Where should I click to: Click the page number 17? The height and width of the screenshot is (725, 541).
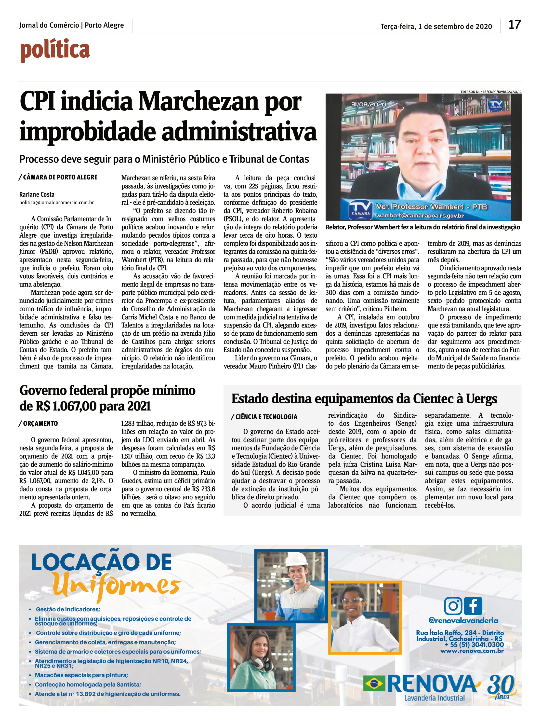(514, 25)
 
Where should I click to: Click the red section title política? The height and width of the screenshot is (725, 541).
(55, 50)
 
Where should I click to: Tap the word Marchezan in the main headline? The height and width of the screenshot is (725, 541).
(199, 102)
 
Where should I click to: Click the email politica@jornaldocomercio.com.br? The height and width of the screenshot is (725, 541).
(56, 203)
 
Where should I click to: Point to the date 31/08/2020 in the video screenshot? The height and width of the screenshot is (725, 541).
(369, 104)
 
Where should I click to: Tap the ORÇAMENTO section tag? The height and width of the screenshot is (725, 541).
(40, 423)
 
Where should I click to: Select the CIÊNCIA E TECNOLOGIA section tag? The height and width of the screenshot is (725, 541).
(266, 417)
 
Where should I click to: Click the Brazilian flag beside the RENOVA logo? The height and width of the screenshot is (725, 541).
(374, 684)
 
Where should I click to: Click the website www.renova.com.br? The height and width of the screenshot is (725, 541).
(472, 651)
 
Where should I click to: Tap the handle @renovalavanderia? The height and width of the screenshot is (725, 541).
(463, 620)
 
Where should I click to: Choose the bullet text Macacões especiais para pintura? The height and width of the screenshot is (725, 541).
(81, 675)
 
